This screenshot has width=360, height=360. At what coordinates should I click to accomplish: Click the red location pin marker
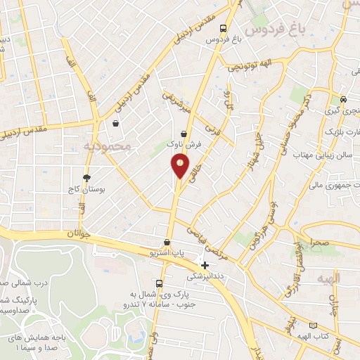click(x=180, y=165)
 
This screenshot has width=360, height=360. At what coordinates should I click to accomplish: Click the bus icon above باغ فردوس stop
click(x=223, y=29)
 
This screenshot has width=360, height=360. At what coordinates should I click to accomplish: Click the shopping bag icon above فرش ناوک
click(x=184, y=133)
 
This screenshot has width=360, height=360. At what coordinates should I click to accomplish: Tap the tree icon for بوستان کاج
click(x=86, y=178)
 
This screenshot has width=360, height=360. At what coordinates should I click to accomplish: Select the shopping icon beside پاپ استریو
click(x=167, y=242)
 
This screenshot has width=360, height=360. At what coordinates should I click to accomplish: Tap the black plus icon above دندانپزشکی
click(x=205, y=265)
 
